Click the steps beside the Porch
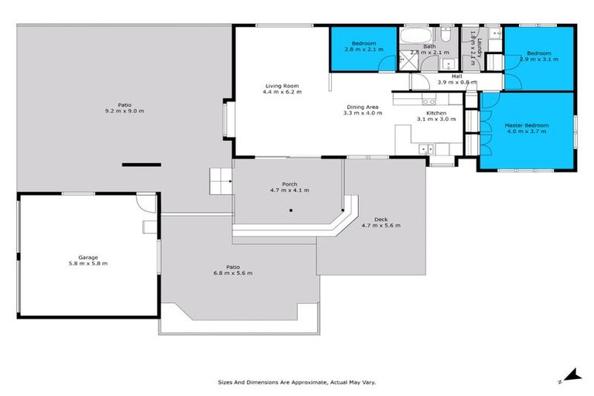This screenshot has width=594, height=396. pos(220,183)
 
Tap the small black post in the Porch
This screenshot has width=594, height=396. pos(291,210)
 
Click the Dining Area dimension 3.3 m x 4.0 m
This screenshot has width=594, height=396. pos(363,113)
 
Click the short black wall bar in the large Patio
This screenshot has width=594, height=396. pos(141,164)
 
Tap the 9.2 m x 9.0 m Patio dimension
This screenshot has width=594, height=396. pos(125,111)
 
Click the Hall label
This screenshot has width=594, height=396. pos(456,76)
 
